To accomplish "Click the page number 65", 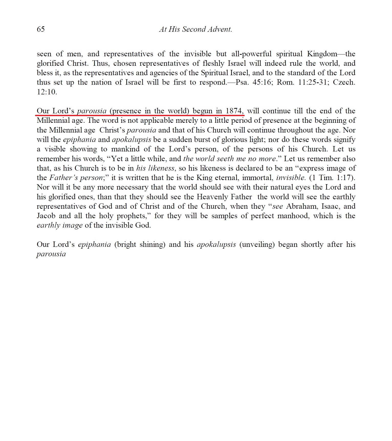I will pos(41,29).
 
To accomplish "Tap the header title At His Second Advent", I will pos(195,29).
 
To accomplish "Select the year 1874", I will pos(234,111).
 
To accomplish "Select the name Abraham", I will pos(299,206).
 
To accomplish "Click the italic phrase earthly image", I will pos(60,225).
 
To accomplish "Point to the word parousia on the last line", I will pos(51,254).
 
